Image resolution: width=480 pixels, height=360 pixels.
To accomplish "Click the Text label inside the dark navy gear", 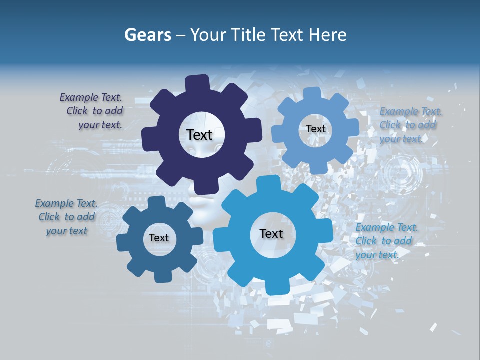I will click(199, 135).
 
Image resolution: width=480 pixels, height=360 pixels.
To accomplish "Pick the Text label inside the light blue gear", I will click(315, 129).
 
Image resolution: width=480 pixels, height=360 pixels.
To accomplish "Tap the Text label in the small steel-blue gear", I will click(159, 238).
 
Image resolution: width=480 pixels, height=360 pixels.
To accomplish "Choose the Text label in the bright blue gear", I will click(271, 233).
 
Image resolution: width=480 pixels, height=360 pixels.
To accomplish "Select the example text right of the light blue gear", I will click(410, 125).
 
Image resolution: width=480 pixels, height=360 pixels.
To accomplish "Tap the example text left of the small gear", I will click(66, 217).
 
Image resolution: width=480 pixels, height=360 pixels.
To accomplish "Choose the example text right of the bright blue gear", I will click(386, 241).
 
